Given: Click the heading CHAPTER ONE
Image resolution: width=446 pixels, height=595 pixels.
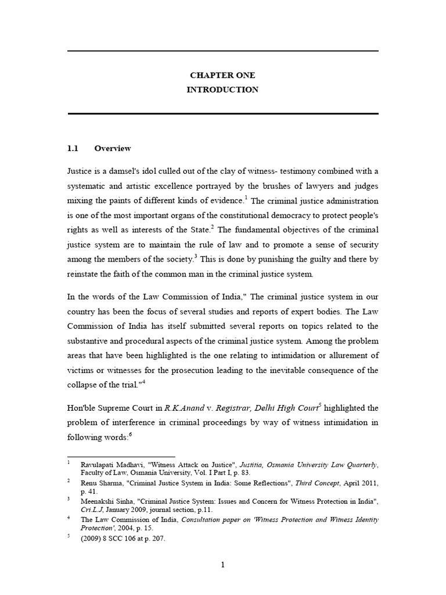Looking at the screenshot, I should (x=222, y=76).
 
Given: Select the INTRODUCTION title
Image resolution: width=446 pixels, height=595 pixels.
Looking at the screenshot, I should (x=222, y=89).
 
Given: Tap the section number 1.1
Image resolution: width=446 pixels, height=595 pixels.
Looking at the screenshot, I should (x=73, y=148).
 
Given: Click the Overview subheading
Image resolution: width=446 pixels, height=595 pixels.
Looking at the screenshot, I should (x=113, y=148).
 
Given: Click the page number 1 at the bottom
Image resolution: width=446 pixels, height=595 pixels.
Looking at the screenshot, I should (x=222, y=564).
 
